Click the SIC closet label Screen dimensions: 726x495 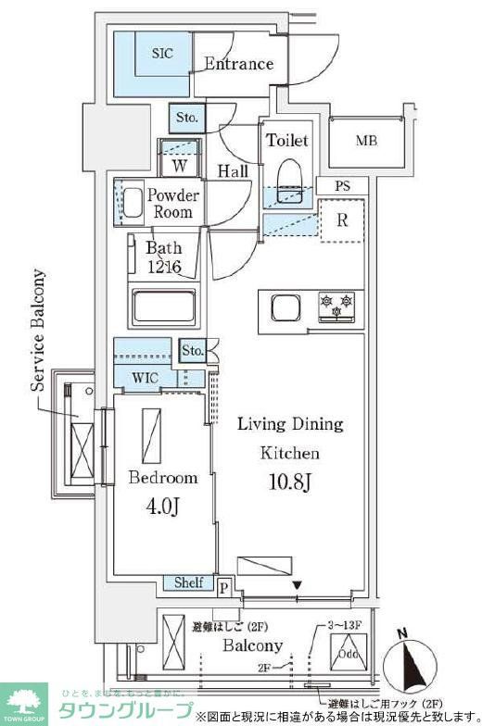click(162, 54)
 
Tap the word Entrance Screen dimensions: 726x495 click(238, 64)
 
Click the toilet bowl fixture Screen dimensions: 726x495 click(290, 176)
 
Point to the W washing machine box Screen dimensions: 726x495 click(180, 166)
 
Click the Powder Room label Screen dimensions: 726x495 click(174, 204)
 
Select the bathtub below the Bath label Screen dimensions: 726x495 click(164, 306)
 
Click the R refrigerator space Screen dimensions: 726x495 click(341, 221)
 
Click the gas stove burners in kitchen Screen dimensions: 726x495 click(336, 307)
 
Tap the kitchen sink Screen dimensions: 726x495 click(283, 307)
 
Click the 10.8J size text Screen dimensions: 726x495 click(289, 482)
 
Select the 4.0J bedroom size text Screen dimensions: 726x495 click(162, 508)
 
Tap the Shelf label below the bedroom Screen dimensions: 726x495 click(189, 583)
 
